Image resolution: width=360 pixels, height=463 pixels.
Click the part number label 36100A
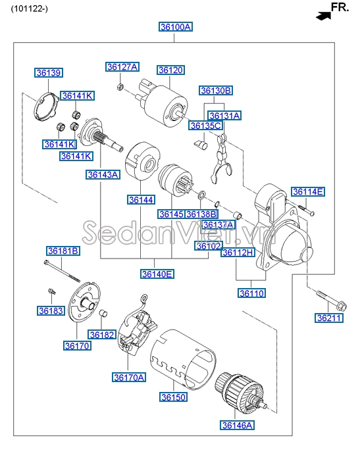coord(175,27)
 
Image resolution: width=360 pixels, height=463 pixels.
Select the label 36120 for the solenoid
coord(170,69)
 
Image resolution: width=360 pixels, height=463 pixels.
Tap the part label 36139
coord(49,72)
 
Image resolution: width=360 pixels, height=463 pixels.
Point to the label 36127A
coord(123,67)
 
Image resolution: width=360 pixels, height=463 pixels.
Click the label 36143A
coord(103,174)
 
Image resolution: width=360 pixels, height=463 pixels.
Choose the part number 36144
coord(141,199)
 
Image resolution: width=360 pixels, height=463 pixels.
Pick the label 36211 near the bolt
coord(330,318)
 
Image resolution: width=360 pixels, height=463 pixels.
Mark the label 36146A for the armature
coord(237,426)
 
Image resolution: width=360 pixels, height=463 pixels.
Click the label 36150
coord(173,397)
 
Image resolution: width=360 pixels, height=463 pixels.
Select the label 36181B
coord(63,251)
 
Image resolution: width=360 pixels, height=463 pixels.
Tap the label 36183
coord(49,310)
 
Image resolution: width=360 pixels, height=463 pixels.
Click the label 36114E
coord(309,192)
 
